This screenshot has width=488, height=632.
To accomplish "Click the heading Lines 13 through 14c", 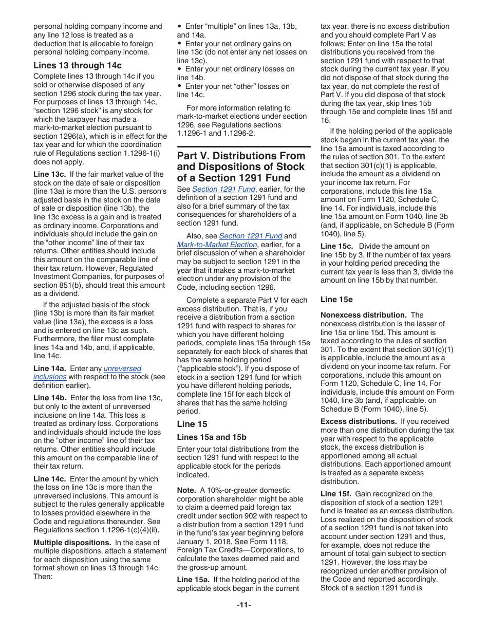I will pyautogui.click(x=78, y=65).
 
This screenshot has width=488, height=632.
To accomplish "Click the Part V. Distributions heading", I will pyautogui.click(x=241, y=167).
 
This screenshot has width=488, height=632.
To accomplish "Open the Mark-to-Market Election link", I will pyautogui.click(x=217, y=245).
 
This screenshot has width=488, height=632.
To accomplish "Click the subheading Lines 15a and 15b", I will pyautogui.click(x=212, y=437).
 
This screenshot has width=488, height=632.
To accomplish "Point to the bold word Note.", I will pyautogui.click(x=186, y=490).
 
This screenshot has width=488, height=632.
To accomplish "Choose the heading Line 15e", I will pyautogui.click(x=336, y=300).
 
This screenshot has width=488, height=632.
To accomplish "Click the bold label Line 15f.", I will pyautogui.click(x=336, y=494).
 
